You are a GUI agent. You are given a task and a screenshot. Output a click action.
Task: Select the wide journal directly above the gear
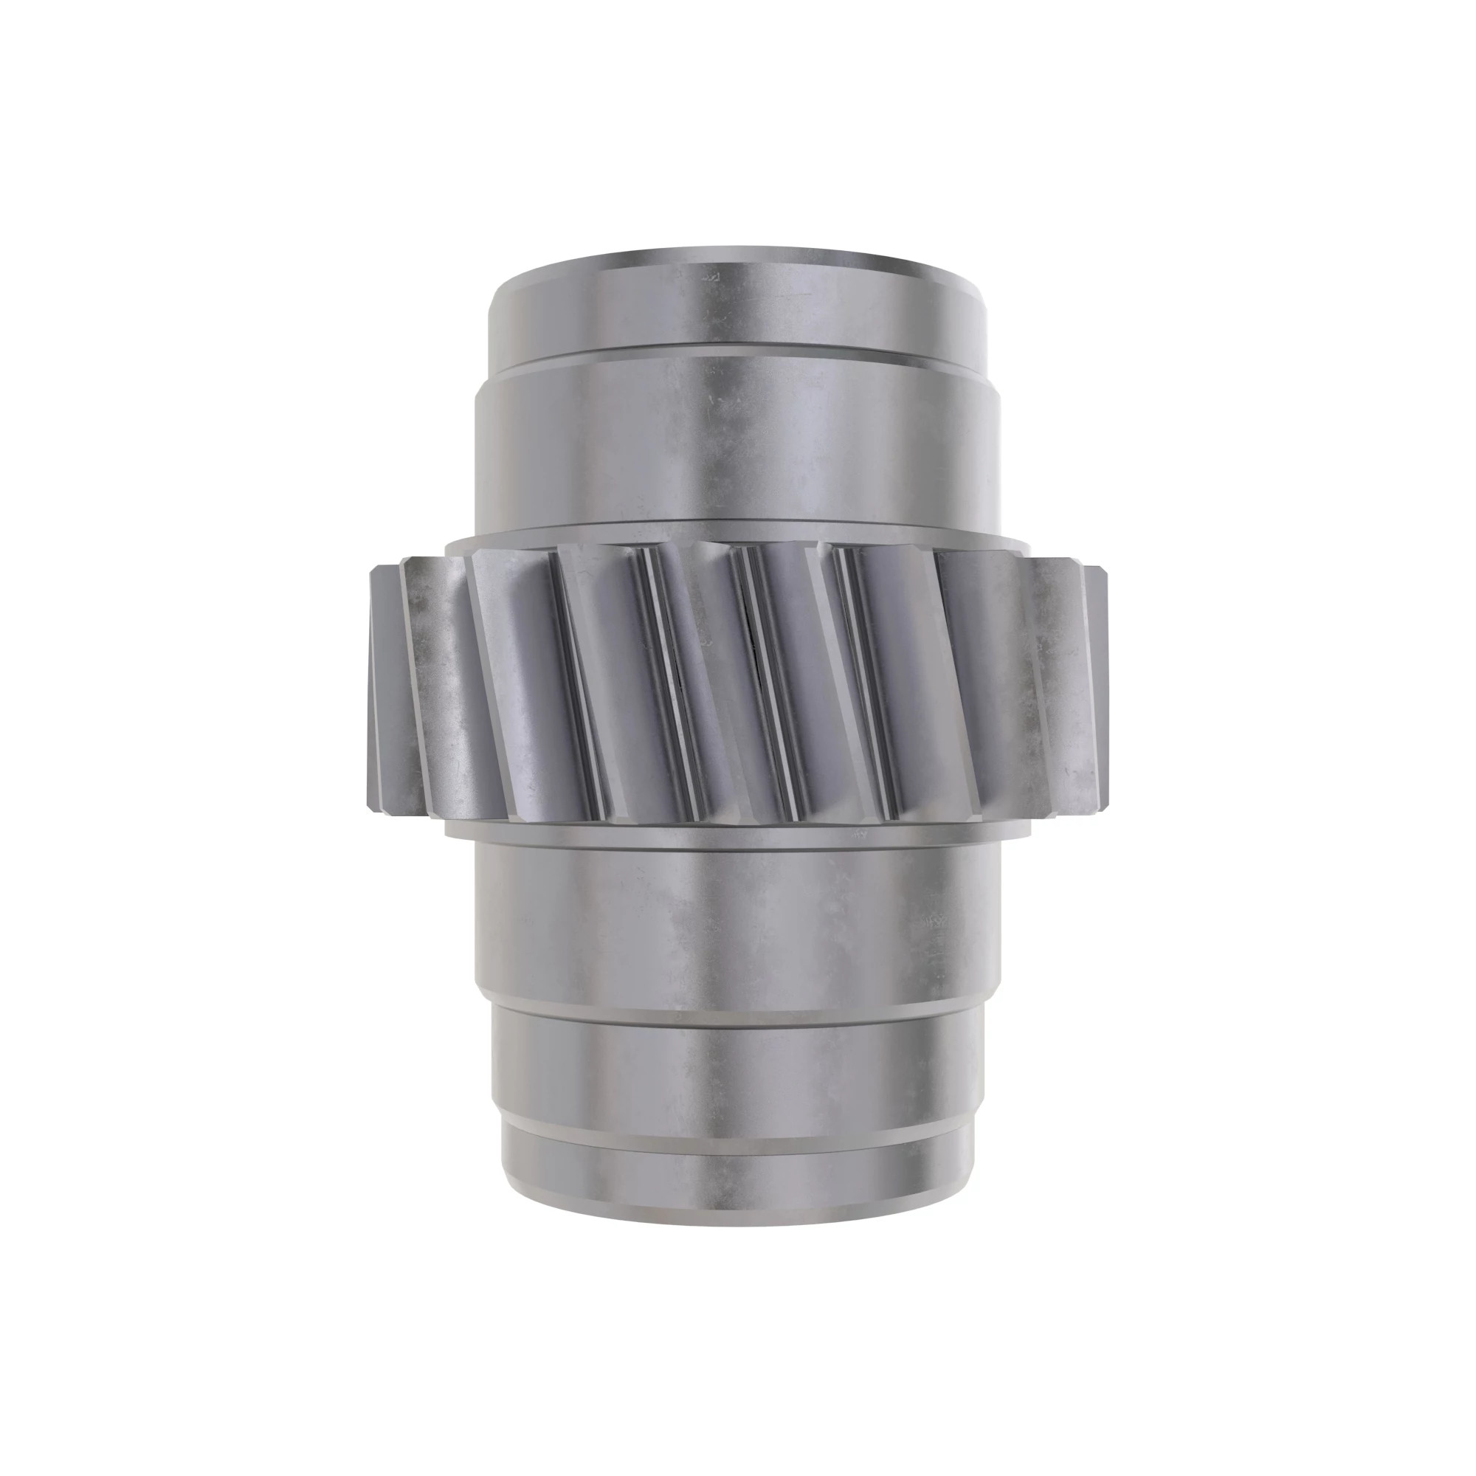coord(738,443)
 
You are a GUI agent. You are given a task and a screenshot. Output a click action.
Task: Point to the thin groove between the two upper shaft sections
coord(738,350)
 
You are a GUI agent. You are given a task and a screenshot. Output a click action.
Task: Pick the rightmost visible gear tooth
coord(1100,688)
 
